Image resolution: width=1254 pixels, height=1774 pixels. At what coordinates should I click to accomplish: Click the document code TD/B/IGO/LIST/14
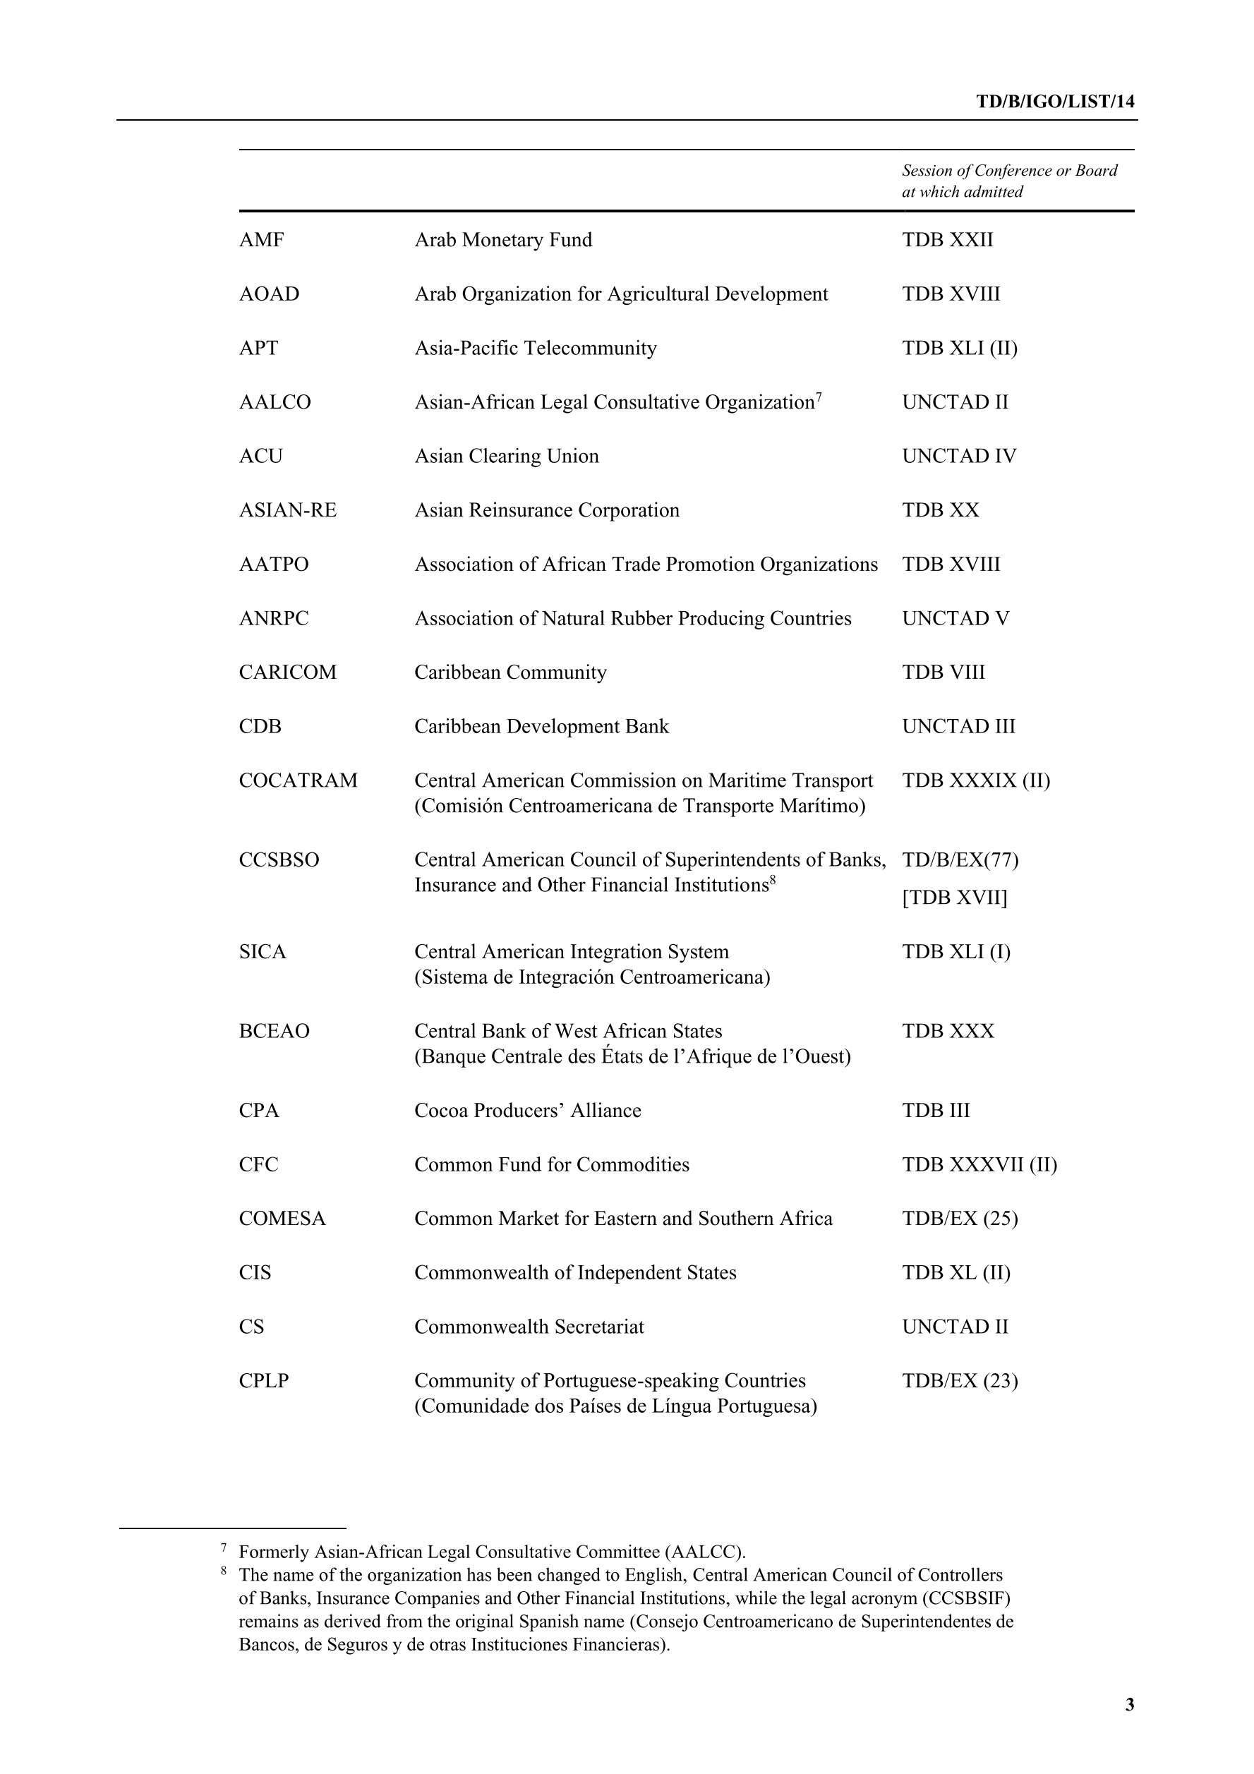pos(1055,101)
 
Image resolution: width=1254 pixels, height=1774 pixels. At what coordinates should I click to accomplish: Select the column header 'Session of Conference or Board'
pos(1009,171)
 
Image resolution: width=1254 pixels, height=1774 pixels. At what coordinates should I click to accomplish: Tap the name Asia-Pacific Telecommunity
pos(535,348)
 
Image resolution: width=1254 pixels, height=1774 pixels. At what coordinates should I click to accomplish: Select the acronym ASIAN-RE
pos(287,510)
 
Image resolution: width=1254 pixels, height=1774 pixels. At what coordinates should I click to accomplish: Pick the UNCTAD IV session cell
pos(959,456)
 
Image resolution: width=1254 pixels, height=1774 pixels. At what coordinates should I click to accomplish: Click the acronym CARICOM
pos(287,672)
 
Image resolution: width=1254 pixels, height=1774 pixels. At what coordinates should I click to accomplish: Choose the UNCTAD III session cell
pos(958,726)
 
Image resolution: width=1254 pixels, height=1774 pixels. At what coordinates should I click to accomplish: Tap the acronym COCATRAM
pos(299,780)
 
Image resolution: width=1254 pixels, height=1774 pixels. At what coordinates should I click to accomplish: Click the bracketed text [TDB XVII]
pos(954,897)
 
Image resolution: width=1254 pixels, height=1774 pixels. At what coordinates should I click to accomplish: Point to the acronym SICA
pos(262,951)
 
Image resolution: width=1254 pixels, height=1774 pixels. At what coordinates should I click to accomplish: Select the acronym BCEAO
pos(274,1031)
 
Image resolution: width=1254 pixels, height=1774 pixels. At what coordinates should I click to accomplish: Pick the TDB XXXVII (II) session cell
pos(979,1164)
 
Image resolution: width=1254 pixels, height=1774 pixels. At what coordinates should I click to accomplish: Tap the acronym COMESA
pos(282,1219)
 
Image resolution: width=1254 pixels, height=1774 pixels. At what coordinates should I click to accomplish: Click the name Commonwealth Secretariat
pos(529,1327)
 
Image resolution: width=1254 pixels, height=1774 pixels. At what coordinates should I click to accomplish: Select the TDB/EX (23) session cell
pos(960,1381)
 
